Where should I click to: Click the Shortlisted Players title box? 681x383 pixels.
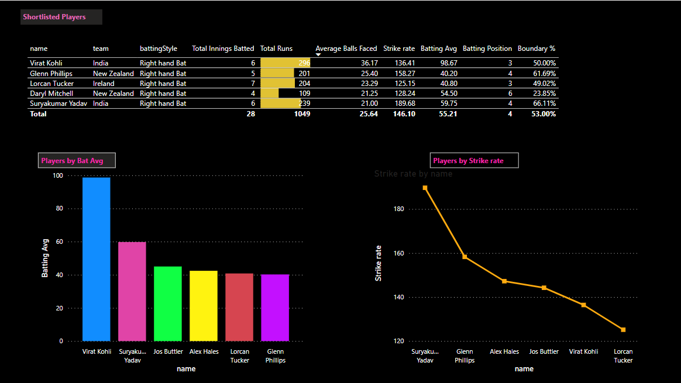pos(61,17)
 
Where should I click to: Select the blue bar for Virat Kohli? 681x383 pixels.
pos(96,258)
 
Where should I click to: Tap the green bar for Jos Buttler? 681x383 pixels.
pos(168,303)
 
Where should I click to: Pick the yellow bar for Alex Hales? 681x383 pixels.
pos(203,305)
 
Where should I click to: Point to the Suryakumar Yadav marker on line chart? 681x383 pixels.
pos(425,188)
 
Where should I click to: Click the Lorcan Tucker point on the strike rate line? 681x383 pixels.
pos(623,330)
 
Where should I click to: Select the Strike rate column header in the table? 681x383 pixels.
pos(399,49)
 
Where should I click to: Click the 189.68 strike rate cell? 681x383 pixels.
pos(404,103)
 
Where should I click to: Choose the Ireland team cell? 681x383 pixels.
pos(104,83)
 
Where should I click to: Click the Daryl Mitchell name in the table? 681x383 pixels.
pos(51,94)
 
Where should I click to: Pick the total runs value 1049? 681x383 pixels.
pos(302,114)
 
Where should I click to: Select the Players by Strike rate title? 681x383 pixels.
pos(474,160)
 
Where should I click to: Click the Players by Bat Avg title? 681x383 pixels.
pos(77,160)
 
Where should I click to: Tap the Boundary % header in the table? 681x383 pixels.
pos(536,49)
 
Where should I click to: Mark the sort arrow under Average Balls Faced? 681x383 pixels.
pos(318,54)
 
